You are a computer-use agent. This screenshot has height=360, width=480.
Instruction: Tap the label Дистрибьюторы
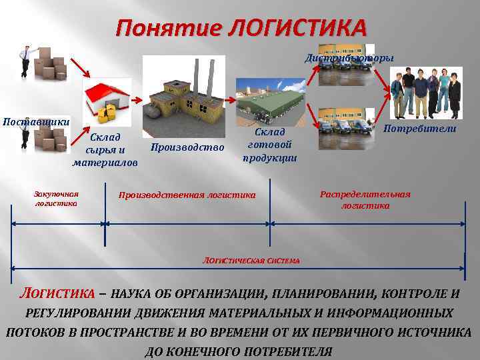tap(349, 58)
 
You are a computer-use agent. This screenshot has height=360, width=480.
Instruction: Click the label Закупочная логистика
tap(56, 198)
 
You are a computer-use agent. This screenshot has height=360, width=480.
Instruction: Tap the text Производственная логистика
tap(187, 195)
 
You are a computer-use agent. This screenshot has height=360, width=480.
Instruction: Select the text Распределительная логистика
tap(365, 200)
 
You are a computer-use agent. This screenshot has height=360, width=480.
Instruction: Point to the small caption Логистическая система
tap(251, 259)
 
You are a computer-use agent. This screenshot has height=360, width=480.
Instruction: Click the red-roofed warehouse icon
tap(105, 97)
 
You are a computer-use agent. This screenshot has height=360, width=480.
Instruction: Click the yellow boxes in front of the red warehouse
tap(106, 114)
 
